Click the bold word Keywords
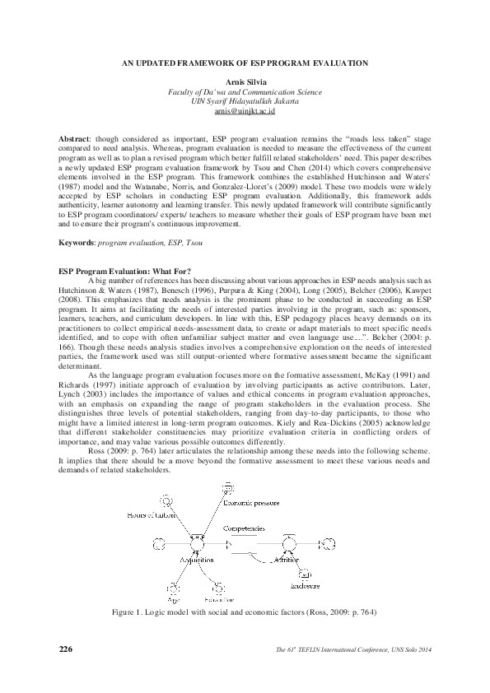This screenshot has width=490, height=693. [x=78, y=221]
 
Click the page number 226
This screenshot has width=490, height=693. [x=66, y=649]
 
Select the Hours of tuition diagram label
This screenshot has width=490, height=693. [x=154, y=514]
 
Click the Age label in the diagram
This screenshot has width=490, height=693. [x=174, y=601]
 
